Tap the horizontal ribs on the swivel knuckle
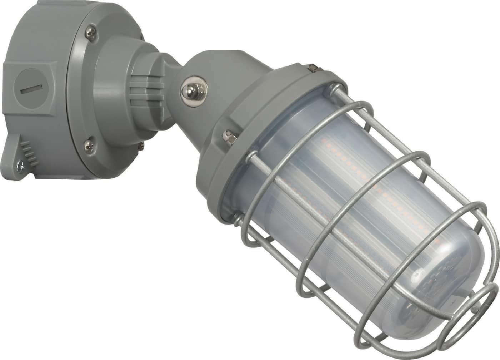point(146,89)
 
